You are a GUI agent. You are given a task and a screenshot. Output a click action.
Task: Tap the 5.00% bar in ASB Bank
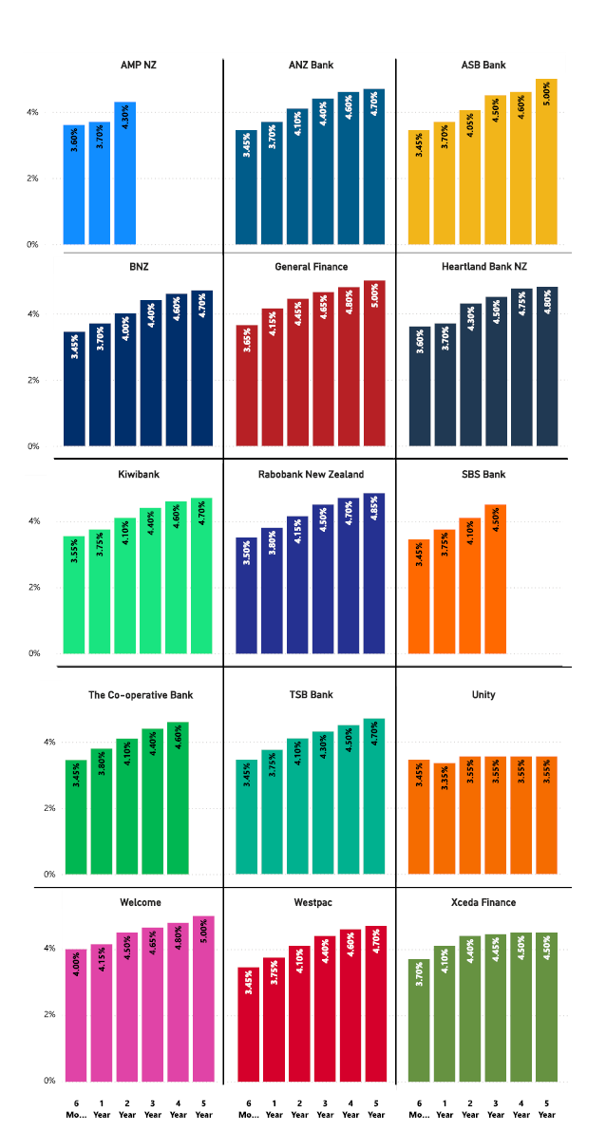tap(546, 162)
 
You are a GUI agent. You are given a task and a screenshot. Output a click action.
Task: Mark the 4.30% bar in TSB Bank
tap(323, 803)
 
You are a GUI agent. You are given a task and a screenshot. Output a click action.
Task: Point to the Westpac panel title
tap(310, 902)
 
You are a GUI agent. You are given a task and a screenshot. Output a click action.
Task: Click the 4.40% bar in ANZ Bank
tap(323, 172)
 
